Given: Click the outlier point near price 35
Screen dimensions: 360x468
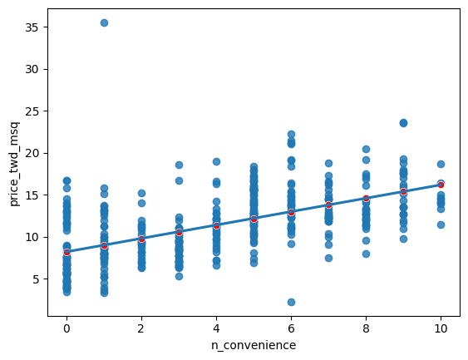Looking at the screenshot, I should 104,22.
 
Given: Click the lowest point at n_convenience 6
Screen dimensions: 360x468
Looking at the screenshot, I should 291,302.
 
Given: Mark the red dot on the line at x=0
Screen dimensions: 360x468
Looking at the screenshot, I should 67,252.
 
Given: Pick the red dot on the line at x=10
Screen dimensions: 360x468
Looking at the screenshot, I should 441,185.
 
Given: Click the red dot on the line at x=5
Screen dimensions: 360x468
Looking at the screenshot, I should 254,219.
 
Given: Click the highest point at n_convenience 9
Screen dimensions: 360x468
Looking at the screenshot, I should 403,122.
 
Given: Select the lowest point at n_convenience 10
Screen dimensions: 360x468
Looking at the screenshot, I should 441,224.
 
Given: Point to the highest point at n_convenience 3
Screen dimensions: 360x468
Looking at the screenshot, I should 179,165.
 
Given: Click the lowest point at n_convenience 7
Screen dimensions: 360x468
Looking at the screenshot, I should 328,258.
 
